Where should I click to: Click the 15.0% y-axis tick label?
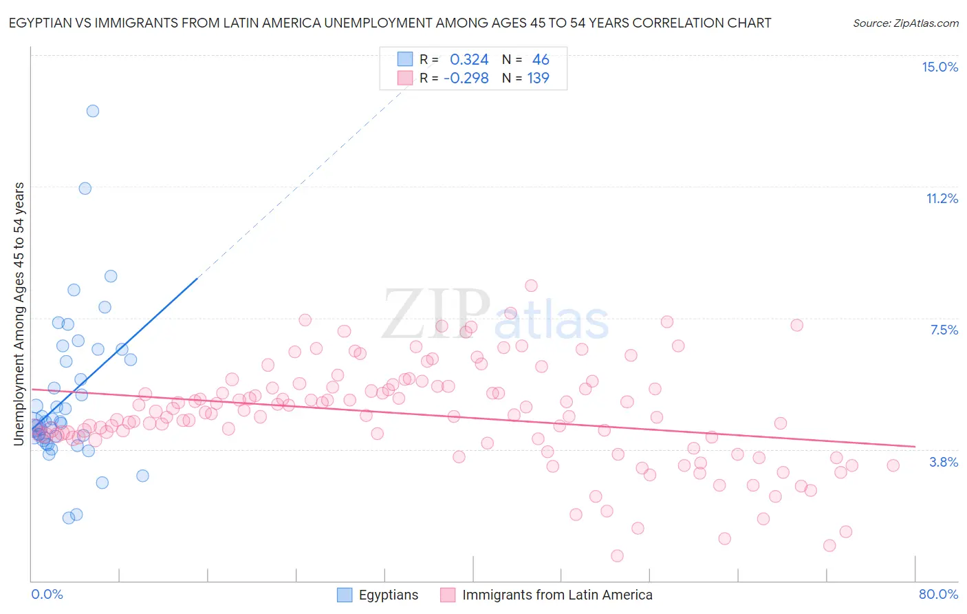pyautogui.click(x=939, y=67)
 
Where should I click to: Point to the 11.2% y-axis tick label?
pyautogui.click(x=942, y=198)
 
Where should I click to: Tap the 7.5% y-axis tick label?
pyautogui.click(x=944, y=330)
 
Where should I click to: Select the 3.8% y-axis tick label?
pyautogui.click(x=944, y=462)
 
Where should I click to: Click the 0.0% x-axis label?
pyautogui.click(x=47, y=594)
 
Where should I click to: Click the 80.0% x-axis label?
pyautogui.click(x=938, y=594)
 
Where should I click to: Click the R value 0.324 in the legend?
pyautogui.click(x=469, y=60)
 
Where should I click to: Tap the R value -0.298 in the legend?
pyautogui.click(x=466, y=78)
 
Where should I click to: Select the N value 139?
pyautogui.click(x=538, y=78)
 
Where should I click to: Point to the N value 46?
pyautogui.click(x=541, y=60)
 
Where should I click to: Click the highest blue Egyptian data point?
pyautogui.click(x=93, y=111)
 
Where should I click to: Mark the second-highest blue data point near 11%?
pyautogui.click(x=85, y=188)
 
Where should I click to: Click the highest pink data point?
pyautogui.click(x=531, y=286)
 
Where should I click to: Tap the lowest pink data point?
pyautogui.click(x=617, y=555)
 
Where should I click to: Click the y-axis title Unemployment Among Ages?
pyautogui.click(x=19, y=313)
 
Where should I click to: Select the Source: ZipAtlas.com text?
pyautogui.click(x=905, y=23)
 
